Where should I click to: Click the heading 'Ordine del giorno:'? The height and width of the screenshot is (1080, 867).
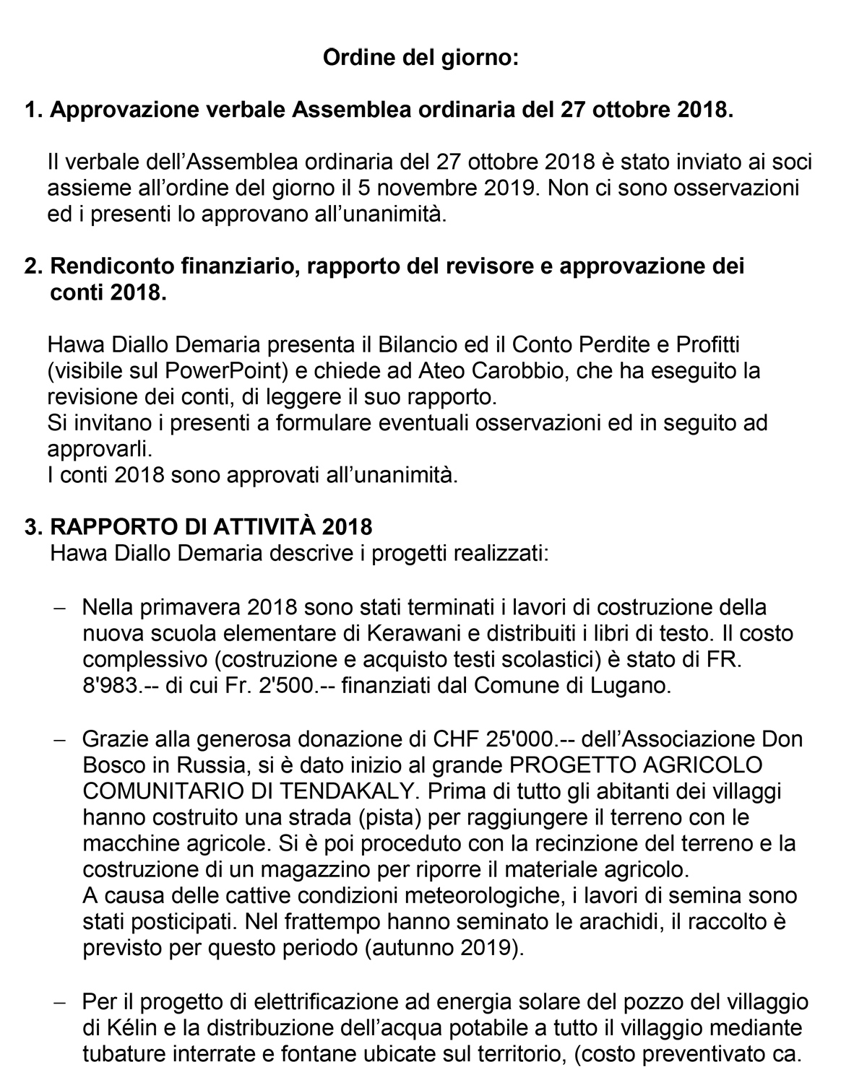[420, 57]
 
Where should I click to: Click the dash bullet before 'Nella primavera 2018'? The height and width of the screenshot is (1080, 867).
[61, 608]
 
